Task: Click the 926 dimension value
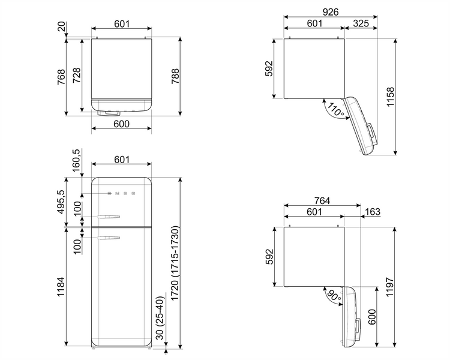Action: [x=331, y=12]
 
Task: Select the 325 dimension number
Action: [x=361, y=23]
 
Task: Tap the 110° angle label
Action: [x=335, y=110]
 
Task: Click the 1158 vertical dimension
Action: [x=391, y=97]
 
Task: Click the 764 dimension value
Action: [x=322, y=200]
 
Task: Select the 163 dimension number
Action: [x=373, y=212]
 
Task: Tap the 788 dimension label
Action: [x=175, y=76]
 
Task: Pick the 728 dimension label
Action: [x=76, y=76]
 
